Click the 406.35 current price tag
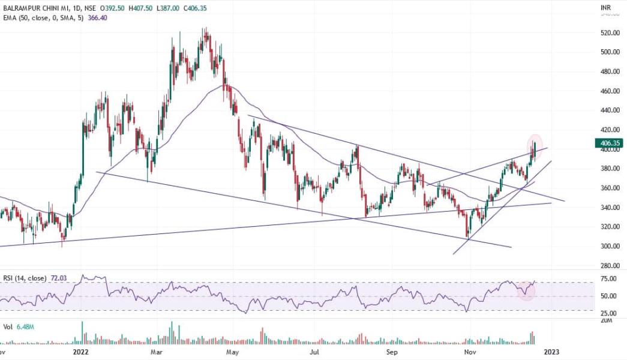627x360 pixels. point(609,143)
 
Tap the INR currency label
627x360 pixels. point(607,7)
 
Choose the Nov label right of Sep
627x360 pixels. point(470,352)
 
